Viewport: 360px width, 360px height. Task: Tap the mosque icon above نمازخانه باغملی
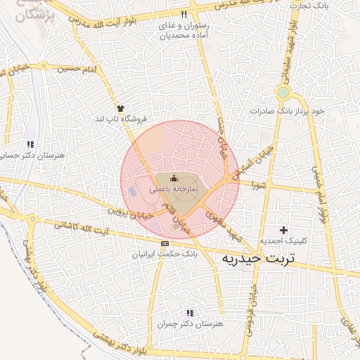174,179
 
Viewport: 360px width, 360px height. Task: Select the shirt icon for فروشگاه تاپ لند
121,108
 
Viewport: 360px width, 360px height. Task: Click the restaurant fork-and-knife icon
184,14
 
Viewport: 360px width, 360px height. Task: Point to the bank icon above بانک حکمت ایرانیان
165,243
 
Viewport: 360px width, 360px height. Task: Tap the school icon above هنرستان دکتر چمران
190,313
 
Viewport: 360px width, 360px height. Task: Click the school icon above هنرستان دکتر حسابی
30,143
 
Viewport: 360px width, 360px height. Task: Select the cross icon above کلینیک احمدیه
283,230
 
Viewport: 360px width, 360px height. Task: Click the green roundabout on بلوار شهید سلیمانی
283,92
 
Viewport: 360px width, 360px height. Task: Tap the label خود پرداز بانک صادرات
288,111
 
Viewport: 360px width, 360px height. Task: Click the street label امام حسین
77,68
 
